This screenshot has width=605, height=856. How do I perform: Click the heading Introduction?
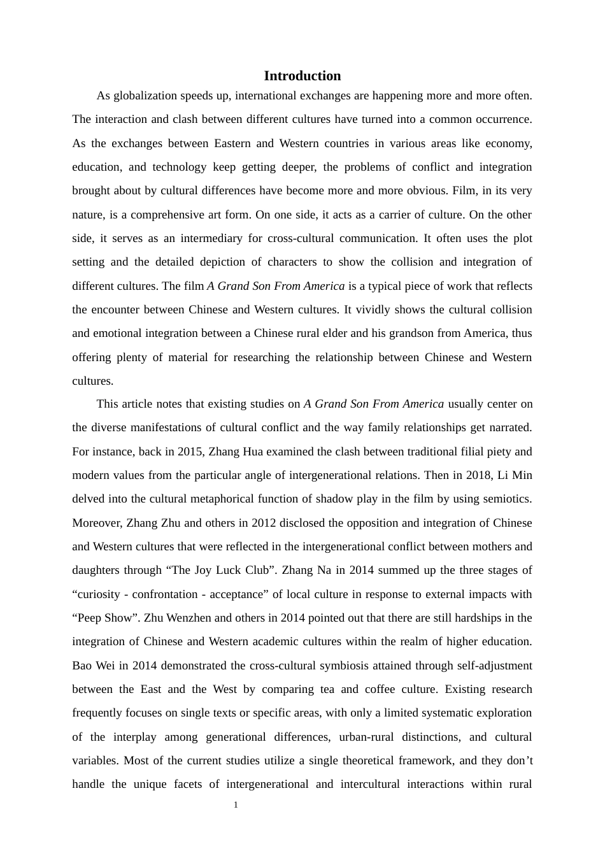[x=302, y=76]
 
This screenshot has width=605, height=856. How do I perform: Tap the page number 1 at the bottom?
[x=236, y=805]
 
